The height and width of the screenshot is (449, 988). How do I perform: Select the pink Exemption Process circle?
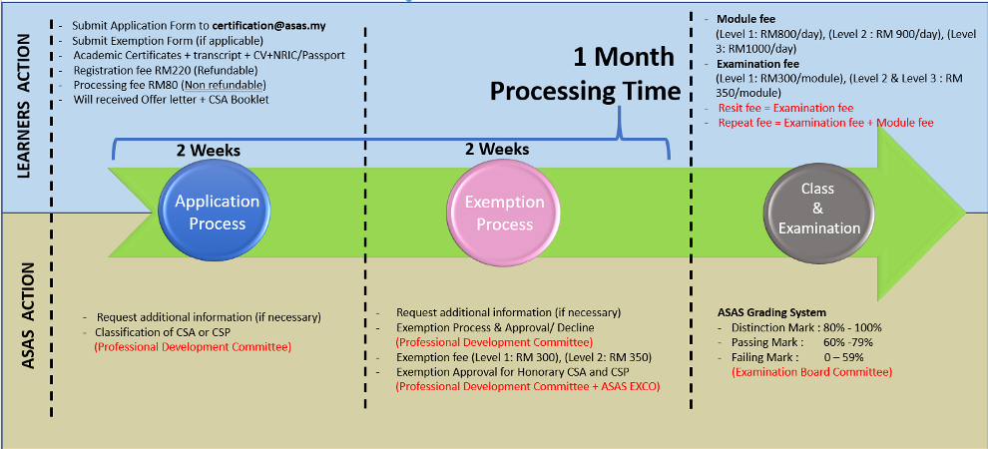click(504, 213)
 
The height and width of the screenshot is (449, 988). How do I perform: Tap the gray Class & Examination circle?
click(819, 208)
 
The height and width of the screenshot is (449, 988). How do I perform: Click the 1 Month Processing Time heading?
click(586, 74)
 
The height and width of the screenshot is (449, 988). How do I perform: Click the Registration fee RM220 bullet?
click(165, 70)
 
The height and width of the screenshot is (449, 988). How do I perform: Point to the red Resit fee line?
click(785, 108)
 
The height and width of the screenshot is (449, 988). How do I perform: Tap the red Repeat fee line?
click(825, 122)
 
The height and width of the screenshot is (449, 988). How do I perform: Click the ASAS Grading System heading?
click(771, 312)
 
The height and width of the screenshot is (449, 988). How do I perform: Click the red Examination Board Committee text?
click(811, 372)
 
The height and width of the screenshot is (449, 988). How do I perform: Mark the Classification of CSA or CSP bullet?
click(182, 332)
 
